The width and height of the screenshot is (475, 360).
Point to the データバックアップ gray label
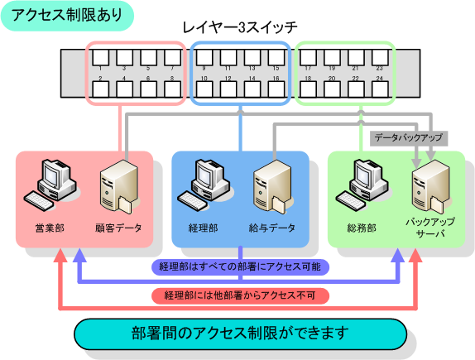(x=408, y=137)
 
